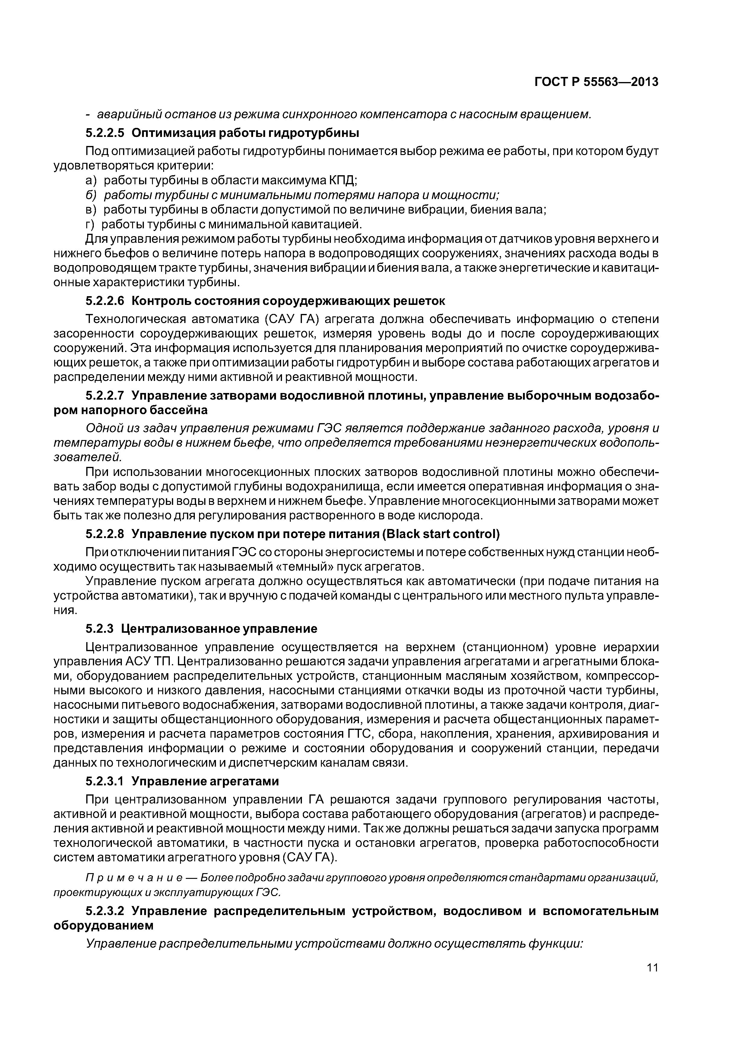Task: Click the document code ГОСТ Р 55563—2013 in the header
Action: [596, 82]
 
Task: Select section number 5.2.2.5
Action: [105, 133]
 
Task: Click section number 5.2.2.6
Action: [105, 301]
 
